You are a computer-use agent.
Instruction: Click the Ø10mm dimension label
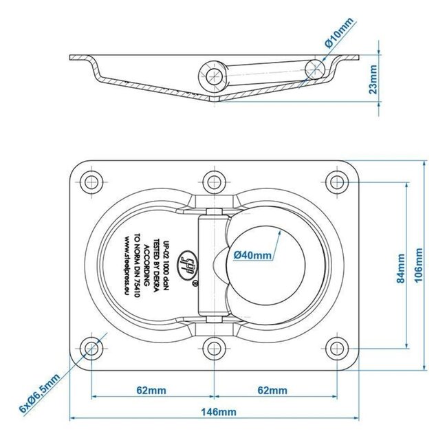pos(339,32)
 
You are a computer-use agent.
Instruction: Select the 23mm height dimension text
pos(373,79)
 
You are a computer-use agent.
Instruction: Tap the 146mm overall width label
pos(219,412)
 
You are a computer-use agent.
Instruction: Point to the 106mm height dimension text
pos(418,265)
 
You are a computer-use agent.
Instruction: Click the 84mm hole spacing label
pos(400,268)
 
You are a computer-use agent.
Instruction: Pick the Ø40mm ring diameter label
pos(252,255)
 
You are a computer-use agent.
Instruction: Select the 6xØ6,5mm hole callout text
pos(40,393)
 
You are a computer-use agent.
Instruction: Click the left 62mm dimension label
pos(151,391)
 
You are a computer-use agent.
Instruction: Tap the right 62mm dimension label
pos(272,391)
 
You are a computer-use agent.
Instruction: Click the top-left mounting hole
pos(91,182)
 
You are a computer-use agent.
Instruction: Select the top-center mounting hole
pos(214,182)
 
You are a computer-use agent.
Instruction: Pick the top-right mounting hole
pos(337,182)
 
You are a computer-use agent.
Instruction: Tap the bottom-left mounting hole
pos(91,348)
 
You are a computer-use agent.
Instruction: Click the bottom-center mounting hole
pos(214,348)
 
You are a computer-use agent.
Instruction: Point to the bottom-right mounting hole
pos(337,348)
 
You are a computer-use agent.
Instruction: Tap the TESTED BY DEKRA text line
pos(156,265)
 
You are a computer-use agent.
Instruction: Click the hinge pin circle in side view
pos(214,76)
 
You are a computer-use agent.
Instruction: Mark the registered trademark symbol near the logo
pos(195,283)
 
